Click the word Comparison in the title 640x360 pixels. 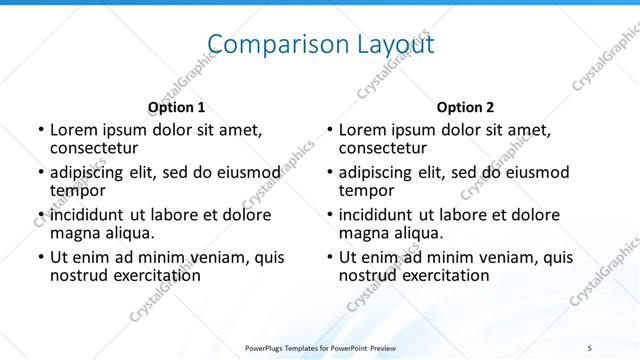[263, 45]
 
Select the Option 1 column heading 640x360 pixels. [177, 107]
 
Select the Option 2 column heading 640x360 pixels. [466, 107]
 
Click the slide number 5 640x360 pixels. [590, 347]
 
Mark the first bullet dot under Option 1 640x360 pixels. [40, 130]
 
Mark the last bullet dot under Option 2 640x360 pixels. [329, 258]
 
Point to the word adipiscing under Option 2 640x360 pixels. [381, 172]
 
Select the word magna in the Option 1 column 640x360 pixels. [74, 233]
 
